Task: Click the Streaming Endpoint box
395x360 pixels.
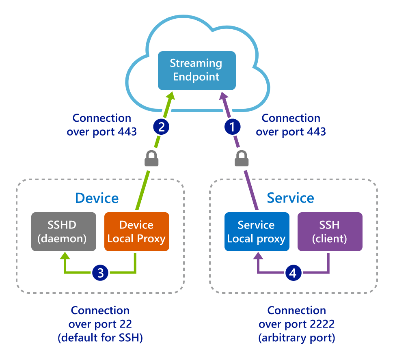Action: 196,70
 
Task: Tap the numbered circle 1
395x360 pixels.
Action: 232,127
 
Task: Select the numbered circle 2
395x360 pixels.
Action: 161,127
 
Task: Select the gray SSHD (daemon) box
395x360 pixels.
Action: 64,232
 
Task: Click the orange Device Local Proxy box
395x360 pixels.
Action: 136,232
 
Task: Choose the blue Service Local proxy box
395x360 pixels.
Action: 257,232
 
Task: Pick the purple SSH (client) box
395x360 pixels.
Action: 330,232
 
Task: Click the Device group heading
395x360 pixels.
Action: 97,198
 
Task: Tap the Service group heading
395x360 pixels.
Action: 290,198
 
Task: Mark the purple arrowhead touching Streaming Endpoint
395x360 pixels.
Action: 223,96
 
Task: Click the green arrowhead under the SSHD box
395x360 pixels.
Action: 64,256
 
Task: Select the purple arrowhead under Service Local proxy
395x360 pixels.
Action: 257,256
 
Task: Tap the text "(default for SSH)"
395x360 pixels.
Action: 100,338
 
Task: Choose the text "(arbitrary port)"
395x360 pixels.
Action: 297,338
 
